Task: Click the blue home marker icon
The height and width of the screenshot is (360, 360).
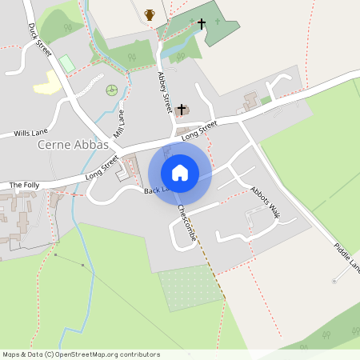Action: (180, 173)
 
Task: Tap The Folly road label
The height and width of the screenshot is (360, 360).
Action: (24, 185)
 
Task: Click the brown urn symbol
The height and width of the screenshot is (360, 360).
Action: (150, 14)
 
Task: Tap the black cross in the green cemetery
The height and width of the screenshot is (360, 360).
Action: (201, 23)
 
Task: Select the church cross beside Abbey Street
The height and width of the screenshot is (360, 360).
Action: (182, 109)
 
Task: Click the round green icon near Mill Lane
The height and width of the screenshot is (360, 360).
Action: (112, 89)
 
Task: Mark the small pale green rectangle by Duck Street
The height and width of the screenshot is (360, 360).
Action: (67, 62)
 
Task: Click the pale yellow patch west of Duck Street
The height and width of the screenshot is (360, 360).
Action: (47, 83)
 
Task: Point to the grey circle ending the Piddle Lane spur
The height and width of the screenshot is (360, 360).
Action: (334, 281)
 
